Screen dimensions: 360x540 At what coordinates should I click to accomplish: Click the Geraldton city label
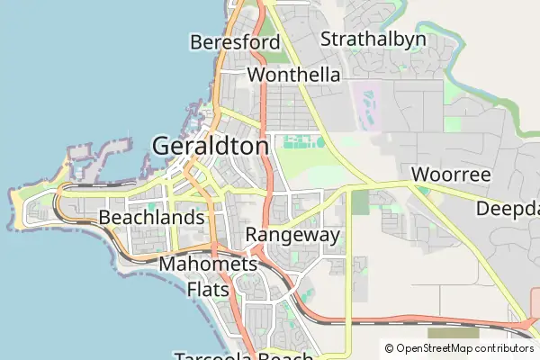pos(211,146)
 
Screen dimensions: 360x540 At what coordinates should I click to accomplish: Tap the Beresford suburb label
pos(235,42)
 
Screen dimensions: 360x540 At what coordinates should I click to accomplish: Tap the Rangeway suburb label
pos(292,236)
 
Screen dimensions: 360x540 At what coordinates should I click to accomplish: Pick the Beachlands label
pos(151,218)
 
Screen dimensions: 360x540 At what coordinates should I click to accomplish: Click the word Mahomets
pos(208,265)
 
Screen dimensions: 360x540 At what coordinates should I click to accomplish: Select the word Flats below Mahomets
pos(208,289)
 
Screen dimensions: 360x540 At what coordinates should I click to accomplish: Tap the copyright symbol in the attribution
pos(389,348)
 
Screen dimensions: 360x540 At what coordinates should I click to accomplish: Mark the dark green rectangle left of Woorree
pos(360,202)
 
